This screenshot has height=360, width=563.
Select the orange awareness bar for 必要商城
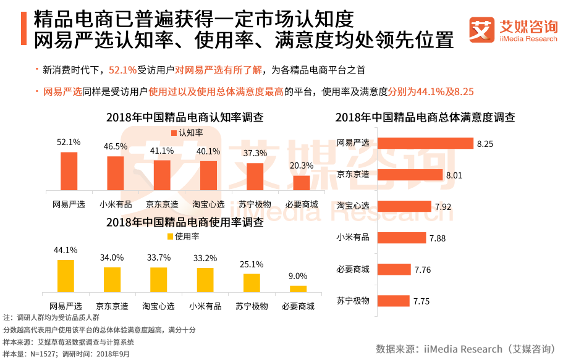click(x=301, y=183)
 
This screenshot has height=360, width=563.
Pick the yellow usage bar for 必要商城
click(x=298, y=288)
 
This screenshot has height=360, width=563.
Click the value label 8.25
click(x=484, y=144)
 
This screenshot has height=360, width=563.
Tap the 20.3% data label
click(x=301, y=165)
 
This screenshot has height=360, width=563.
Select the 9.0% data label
click(x=298, y=276)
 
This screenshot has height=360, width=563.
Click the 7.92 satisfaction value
click(x=443, y=207)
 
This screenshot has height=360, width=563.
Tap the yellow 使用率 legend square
click(x=171, y=236)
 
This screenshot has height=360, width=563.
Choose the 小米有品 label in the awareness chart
click(x=115, y=204)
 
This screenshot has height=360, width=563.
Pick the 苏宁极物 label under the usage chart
click(x=252, y=306)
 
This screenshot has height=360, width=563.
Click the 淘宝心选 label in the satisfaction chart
click(x=353, y=206)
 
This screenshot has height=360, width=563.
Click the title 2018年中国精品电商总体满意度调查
click(x=425, y=117)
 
